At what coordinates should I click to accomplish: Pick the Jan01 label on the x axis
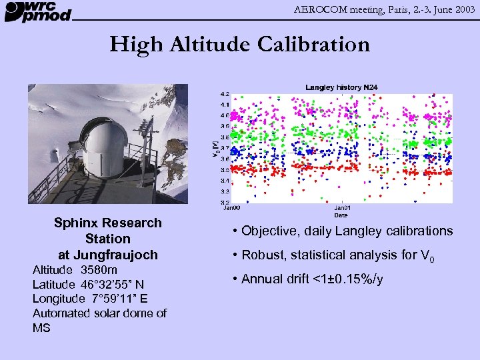341,208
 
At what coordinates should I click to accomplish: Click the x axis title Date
341,215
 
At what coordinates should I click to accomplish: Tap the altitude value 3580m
99,270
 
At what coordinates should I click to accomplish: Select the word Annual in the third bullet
263,279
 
